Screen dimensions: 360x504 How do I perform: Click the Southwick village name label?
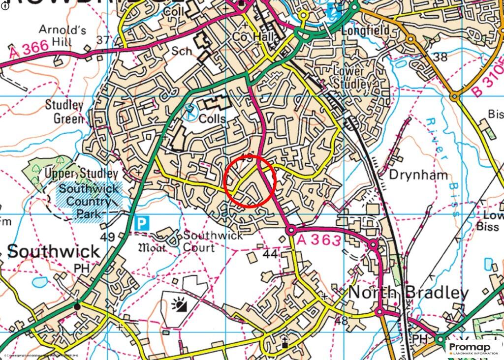(x=53, y=251)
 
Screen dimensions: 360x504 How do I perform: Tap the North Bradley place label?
(x=409, y=293)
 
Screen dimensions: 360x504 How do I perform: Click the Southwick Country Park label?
(x=89, y=201)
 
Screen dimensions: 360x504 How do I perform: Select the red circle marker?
(x=249, y=182)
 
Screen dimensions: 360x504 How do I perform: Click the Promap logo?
(x=472, y=348)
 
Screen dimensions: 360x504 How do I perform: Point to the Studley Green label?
(x=64, y=111)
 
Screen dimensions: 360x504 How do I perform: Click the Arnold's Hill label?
(x=63, y=36)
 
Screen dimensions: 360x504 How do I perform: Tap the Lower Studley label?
(x=351, y=77)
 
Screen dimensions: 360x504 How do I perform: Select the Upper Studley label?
(x=81, y=174)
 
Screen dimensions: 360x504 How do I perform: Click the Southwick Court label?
(x=213, y=241)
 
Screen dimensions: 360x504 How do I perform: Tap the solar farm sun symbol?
(x=179, y=305)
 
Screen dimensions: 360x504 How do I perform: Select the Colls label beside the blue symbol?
(x=213, y=119)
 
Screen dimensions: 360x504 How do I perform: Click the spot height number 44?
(x=270, y=254)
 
